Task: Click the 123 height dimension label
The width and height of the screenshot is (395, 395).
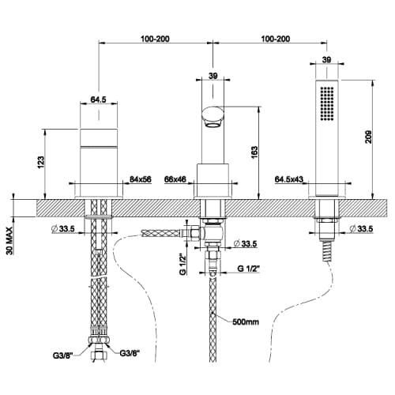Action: (x=41, y=162)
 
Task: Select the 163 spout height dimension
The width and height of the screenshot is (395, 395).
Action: (x=254, y=152)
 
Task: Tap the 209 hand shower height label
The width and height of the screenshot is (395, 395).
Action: (x=368, y=137)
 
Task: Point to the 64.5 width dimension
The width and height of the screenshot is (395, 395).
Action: (x=98, y=100)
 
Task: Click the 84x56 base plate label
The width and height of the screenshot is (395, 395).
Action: (x=141, y=179)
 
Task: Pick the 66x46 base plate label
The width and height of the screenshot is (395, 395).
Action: (x=175, y=179)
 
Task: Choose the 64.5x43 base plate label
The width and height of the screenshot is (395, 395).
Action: (x=289, y=179)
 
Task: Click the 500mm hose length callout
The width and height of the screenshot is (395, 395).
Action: (x=246, y=322)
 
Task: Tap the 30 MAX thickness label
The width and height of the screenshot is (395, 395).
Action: (x=9, y=241)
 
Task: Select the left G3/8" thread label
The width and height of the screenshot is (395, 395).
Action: (x=62, y=355)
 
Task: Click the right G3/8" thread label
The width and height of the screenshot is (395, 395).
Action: (x=130, y=353)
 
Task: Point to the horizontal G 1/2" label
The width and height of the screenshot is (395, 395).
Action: (x=249, y=269)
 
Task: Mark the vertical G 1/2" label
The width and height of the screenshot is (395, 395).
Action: (x=183, y=264)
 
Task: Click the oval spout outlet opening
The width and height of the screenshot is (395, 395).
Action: (x=213, y=124)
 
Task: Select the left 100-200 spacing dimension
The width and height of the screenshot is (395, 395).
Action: (x=155, y=39)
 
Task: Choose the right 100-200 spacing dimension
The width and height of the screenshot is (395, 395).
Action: (x=276, y=39)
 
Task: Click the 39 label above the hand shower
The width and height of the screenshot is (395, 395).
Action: (x=326, y=59)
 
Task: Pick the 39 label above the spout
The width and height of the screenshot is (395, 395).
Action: (x=213, y=76)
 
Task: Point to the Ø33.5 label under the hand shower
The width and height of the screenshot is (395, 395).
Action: (x=361, y=229)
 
